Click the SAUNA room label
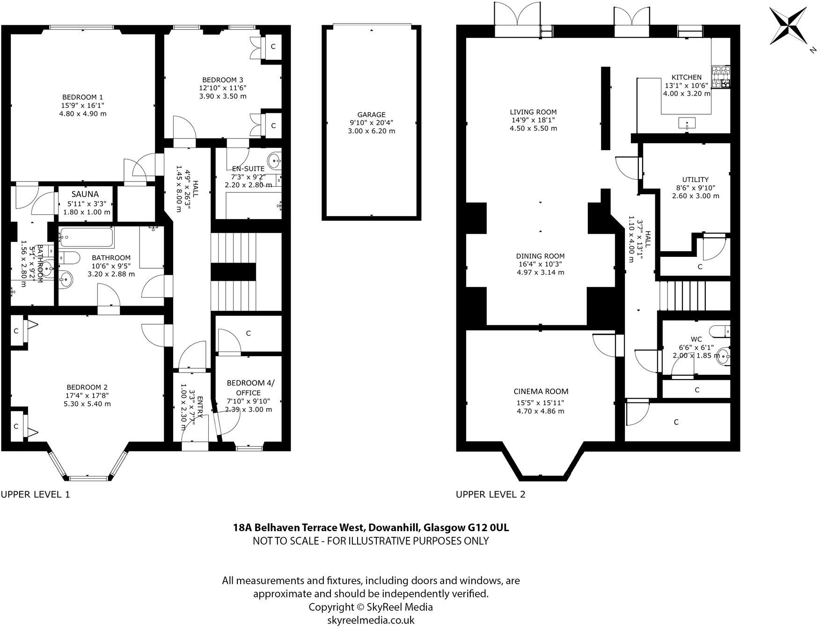tap(85, 194)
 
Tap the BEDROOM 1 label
tap(82, 97)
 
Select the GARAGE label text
tap(371, 114)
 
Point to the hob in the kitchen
tap(721, 77)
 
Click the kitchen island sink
tap(687, 124)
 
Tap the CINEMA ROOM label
tap(541, 391)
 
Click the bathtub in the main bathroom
tap(86, 238)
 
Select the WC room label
tap(696, 339)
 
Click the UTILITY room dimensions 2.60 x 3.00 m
tap(696, 196)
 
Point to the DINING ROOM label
tap(540, 256)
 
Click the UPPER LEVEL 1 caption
tap(35, 494)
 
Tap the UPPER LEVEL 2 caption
tap(491, 494)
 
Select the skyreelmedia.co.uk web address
tap(371, 620)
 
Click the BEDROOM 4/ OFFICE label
tap(250, 388)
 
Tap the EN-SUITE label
tap(248, 168)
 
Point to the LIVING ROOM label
tap(533, 112)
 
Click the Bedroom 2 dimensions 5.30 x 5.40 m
tap(87, 403)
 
